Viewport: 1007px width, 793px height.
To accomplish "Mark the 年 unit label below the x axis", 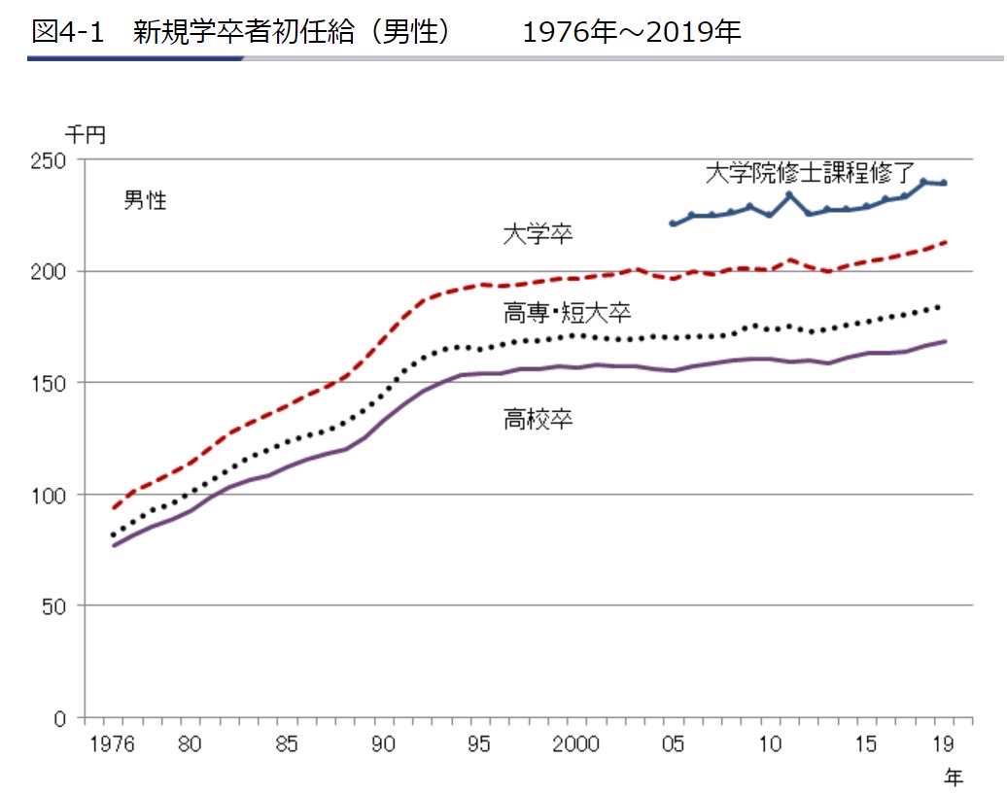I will (x=955, y=776).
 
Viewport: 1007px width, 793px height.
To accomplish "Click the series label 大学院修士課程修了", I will (x=810, y=174).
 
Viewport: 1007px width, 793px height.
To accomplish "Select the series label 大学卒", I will (x=537, y=233).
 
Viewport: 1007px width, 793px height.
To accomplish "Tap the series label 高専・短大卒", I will (x=568, y=313).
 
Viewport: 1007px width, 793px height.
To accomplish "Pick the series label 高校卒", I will (x=537, y=420).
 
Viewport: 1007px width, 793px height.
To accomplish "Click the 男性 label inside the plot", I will (x=145, y=201).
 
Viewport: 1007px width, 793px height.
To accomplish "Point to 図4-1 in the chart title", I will (x=67, y=32).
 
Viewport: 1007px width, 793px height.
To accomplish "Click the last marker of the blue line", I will (x=944, y=184).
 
